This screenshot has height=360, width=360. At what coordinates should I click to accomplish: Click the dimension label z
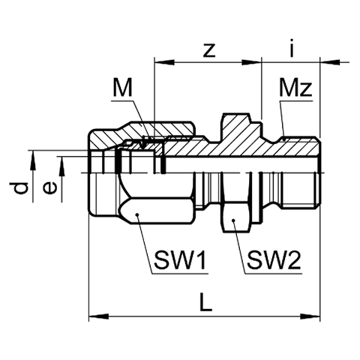[x=209, y=50]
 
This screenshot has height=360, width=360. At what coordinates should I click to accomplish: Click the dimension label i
[x=291, y=48]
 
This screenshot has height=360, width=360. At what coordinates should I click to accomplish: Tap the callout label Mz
[x=296, y=88]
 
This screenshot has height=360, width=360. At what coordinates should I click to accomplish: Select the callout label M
[x=122, y=88]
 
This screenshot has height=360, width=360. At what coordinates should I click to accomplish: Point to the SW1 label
[x=181, y=260]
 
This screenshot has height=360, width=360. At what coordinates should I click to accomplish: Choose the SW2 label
[x=274, y=260]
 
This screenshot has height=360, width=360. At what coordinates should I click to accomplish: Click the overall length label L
[x=206, y=302]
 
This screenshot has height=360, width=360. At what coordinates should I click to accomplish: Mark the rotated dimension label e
[x=49, y=188]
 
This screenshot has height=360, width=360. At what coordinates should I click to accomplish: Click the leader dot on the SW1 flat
[x=137, y=214]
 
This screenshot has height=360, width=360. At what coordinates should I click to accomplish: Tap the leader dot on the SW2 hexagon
[x=233, y=220]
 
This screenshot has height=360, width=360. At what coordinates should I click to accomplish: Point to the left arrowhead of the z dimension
[x=164, y=61]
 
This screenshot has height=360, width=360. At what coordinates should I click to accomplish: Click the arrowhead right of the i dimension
[x=330, y=61]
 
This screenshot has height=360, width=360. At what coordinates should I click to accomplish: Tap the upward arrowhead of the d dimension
[x=32, y=160]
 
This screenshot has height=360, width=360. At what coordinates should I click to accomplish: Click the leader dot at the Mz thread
[x=284, y=140]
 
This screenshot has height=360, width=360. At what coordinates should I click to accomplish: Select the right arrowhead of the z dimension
[x=251, y=61]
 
